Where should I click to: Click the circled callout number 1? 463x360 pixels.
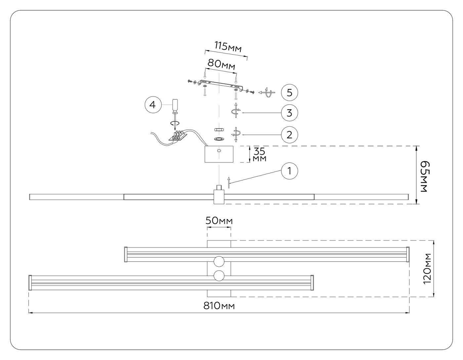point(289,171)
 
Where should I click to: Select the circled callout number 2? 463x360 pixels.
point(289,135)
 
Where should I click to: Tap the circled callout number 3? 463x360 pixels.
point(289,112)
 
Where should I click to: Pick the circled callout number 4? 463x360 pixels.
point(153,105)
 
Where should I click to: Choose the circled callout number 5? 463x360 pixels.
point(289,93)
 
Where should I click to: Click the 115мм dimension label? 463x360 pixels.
point(228,47)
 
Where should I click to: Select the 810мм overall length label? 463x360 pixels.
point(219,306)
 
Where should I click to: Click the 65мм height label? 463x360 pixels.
point(424,177)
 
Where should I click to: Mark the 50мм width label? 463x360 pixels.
point(219,221)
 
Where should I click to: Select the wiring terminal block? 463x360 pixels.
point(178,135)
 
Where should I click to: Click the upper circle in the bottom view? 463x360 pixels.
point(219,261)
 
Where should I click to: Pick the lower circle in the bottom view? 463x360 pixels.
point(219,276)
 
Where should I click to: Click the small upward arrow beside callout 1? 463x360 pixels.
point(229,182)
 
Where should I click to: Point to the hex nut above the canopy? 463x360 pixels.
point(219,129)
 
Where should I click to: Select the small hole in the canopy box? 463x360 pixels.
point(219,151)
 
